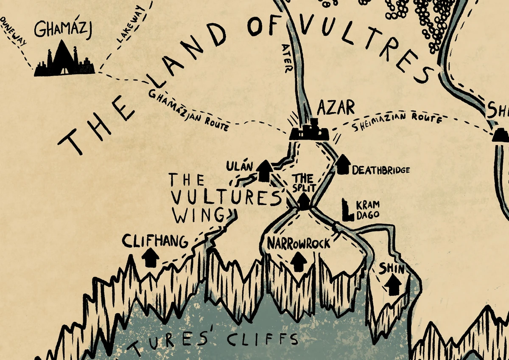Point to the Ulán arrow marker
point(265,171)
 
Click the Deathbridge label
point(380,170)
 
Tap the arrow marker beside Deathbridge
point(343,164)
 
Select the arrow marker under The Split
point(304,202)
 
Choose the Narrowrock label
point(298,243)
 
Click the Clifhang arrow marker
point(150,257)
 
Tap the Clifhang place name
point(154,242)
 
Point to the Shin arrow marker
point(394,286)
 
